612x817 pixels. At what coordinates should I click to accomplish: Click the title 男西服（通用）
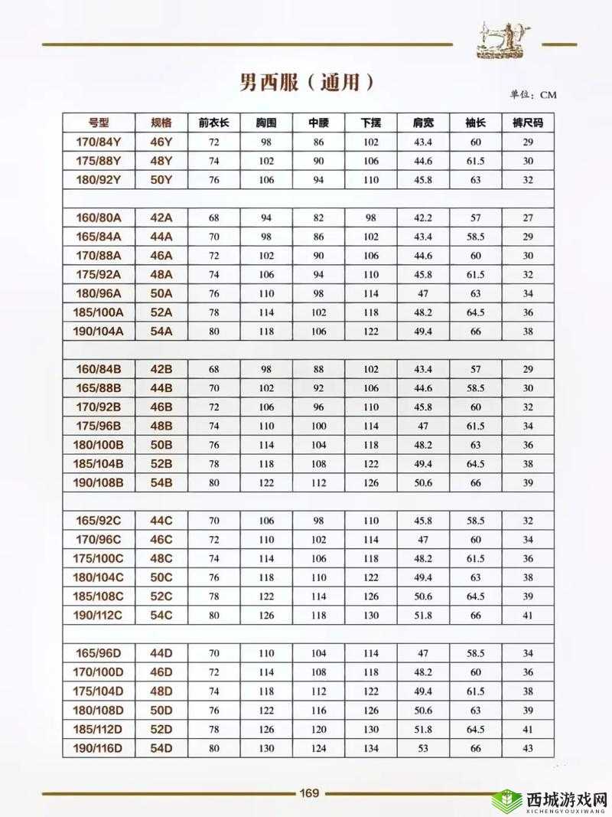pyautogui.click(x=306, y=83)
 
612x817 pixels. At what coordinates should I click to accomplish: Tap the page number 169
pyautogui.click(x=308, y=792)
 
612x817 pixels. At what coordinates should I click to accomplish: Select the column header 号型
pyautogui.click(x=99, y=123)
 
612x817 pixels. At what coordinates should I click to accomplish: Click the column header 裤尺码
pyautogui.click(x=527, y=123)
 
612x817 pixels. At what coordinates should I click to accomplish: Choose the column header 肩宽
pyautogui.click(x=423, y=123)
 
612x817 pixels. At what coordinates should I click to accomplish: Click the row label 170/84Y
pyautogui.click(x=99, y=142)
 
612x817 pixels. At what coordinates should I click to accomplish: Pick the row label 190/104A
pyautogui.click(x=99, y=331)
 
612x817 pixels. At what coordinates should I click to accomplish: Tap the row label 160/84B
pyautogui.click(x=99, y=369)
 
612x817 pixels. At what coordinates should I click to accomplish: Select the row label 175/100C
pyautogui.click(x=99, y=558)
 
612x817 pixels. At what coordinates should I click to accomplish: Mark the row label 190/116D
pyautogui.click(x=99, y=747)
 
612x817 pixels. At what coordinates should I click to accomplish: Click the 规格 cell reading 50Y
pyautogui.click(x=161, y=179)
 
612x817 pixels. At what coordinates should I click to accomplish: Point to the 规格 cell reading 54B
pyautogui.click(x=161, y=482)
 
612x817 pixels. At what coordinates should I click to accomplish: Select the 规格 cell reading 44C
pyautogui.click(x=161, y=521)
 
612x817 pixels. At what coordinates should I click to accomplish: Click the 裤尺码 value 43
pyautogui.click(x=527, y=748)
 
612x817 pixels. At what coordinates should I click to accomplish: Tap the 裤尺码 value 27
pyautogui.click(x=527, y=218)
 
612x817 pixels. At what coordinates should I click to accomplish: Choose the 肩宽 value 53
pyautogui.click(x=423, y=748)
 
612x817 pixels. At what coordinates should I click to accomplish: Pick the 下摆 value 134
pyautogui.click(x=371, y=748)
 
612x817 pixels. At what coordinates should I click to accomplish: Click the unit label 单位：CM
pyautogui.click(x=533, y=95)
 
